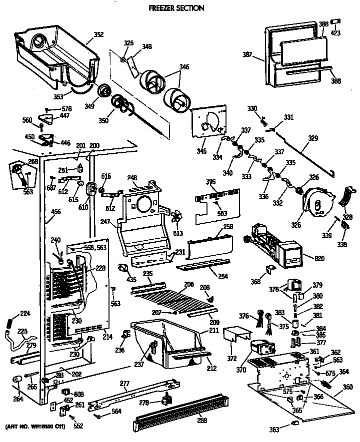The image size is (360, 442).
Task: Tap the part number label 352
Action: click(x=98, y=35)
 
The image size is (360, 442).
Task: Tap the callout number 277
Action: click(x=124, y=384)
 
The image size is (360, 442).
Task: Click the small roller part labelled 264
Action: click(x=16, y=381)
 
